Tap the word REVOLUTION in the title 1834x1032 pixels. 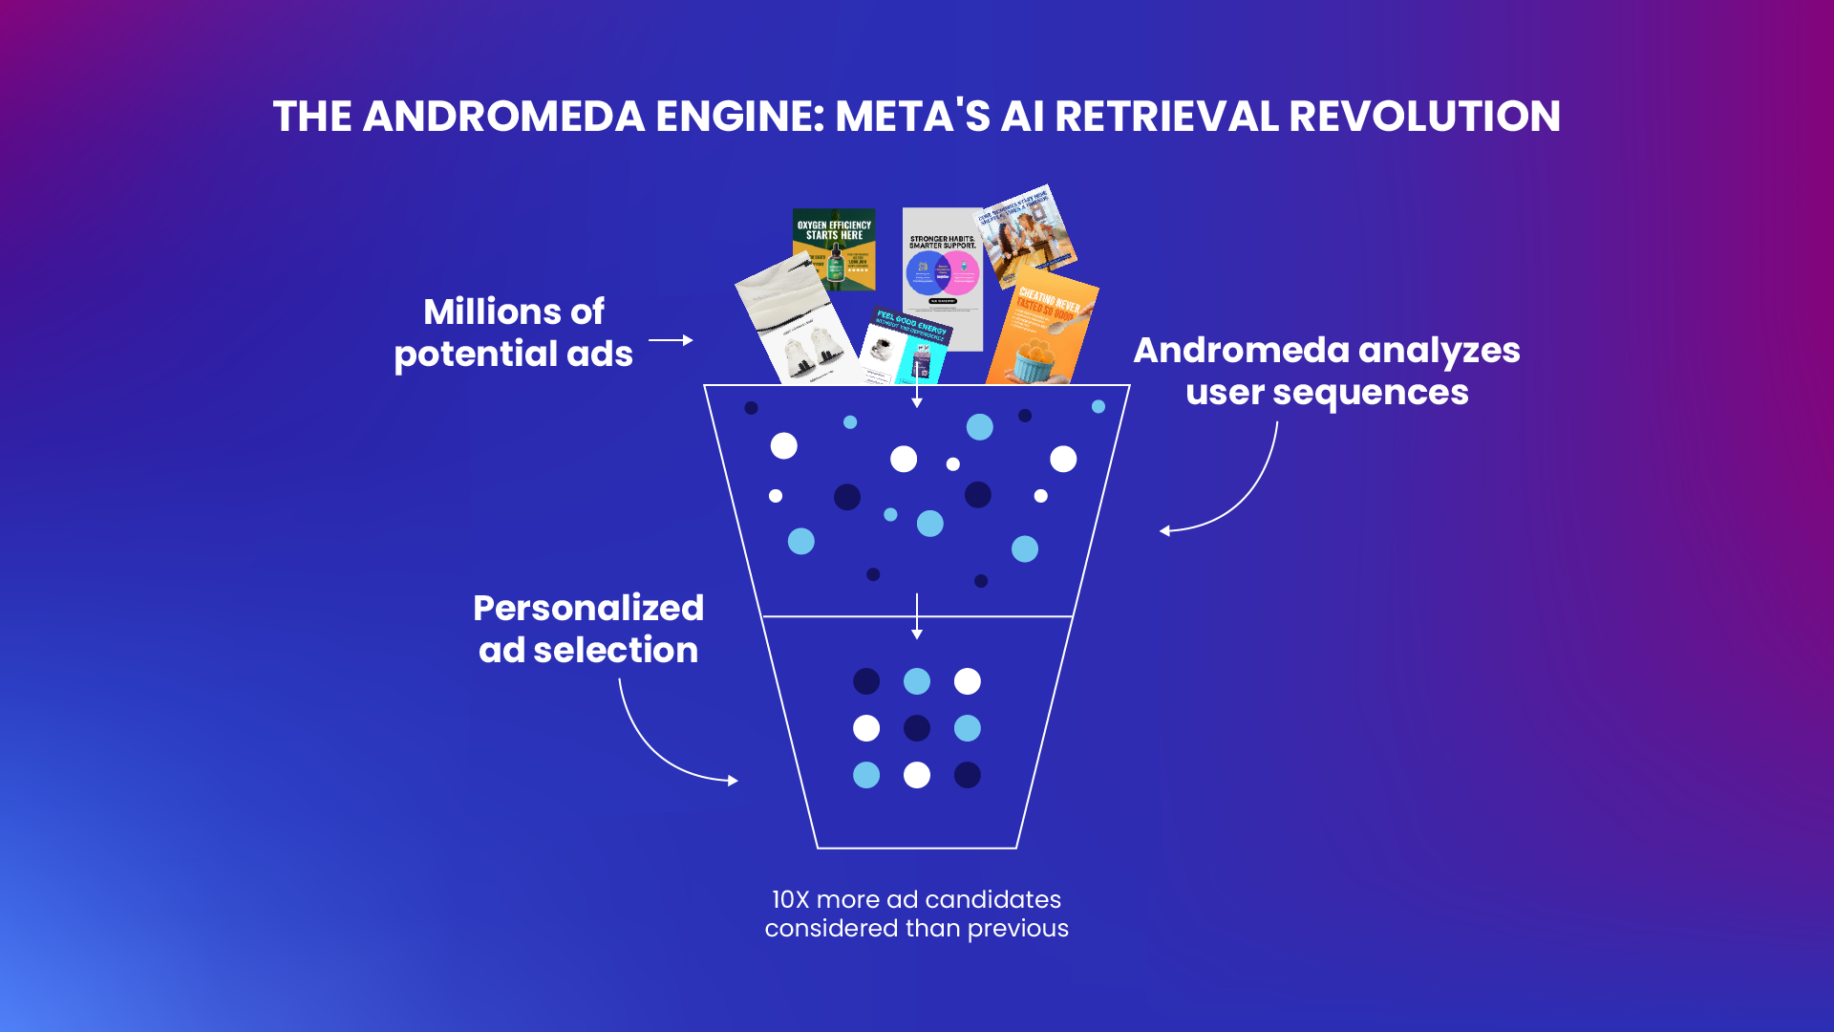point(1424,117)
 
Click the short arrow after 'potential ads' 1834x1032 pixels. point(671,340)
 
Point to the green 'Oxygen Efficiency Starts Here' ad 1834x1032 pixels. point(835,247)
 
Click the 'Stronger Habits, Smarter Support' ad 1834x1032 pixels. point(942,277)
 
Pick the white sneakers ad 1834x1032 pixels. point(798,325)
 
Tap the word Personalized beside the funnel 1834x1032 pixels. point(588,608)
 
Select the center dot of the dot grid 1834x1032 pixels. point(917,728)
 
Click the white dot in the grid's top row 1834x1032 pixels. point(968,681)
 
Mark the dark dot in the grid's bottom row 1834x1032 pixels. point(968,775)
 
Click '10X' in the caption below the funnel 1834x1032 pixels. point(790,900)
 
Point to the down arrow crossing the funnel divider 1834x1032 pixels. point(917,616)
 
